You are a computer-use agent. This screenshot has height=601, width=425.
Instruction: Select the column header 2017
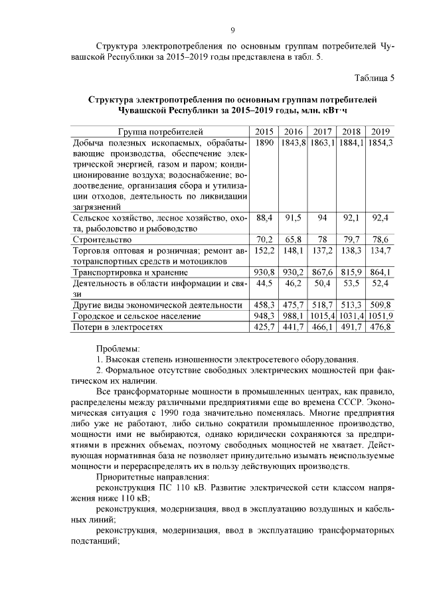click(x=323, y=131)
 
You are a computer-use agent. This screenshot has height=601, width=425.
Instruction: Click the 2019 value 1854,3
click(x=381, y=143)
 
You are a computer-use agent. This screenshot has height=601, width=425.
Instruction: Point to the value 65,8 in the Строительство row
click(x=294, y=239)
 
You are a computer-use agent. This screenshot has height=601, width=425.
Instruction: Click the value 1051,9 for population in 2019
click(x=381, y=315)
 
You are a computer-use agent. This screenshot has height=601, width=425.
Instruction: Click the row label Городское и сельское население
click(x=136, y=315)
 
